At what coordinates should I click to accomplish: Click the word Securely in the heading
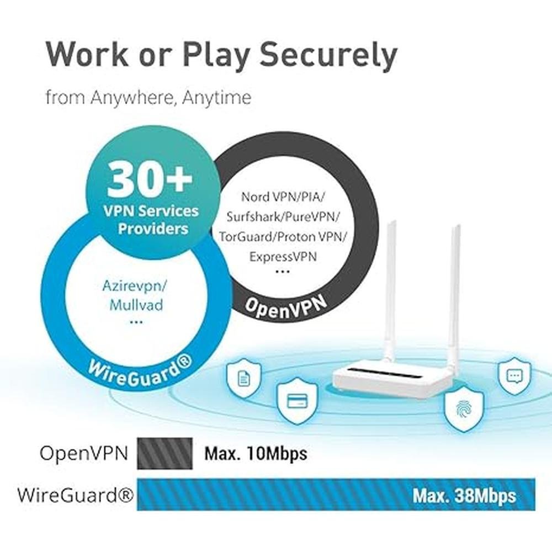pyautogui.click(x=328, y=56)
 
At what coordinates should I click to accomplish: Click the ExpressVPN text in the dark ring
pyautogui.click(x=283, y=256)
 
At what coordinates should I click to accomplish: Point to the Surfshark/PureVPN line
pyautogui.click(x=283, y=217)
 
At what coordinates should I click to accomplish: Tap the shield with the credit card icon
pyautogui.click(x=298, y=401)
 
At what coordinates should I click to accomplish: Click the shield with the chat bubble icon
pyautogui.click(x=514, y=376)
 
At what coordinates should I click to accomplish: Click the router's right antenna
pyautogui.click(x=454, y=300)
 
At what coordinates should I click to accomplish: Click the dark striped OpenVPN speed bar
pyautogui.click(x=164, y=453)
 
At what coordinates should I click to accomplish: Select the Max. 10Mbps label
pyautogui.click(x=256, y=453)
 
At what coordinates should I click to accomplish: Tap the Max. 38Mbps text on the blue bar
pyautogui.click(x=464, y=496)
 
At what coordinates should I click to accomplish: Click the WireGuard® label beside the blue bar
pyautogui.click(x=76, y=495)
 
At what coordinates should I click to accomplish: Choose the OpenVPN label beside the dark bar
pyautogui.click(x=84, y=453)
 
